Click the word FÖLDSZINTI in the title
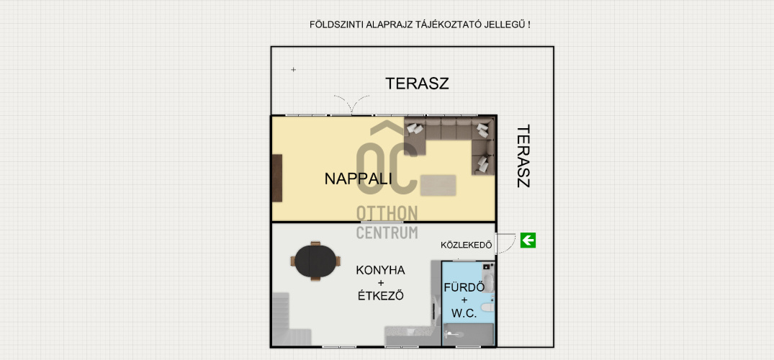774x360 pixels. [x=336, y=24]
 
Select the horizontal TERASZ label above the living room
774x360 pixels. [x=417, y=84]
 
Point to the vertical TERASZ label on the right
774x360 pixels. [x=523, y=156]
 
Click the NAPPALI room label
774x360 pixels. [x=359, y=179]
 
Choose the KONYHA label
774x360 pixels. [x=381, y=270]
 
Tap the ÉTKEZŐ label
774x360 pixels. [x=381, y=297]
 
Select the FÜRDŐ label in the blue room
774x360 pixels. [x=464, y=287]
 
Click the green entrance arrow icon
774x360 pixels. [x=528, y=240]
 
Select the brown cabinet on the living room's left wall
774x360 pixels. [x=277, y=178]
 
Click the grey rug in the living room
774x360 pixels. [x=438, y=185]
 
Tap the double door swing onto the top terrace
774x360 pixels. [x=351, y=104]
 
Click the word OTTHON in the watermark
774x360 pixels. [x=387, y=213]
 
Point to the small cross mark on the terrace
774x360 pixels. [x=293, y=70]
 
